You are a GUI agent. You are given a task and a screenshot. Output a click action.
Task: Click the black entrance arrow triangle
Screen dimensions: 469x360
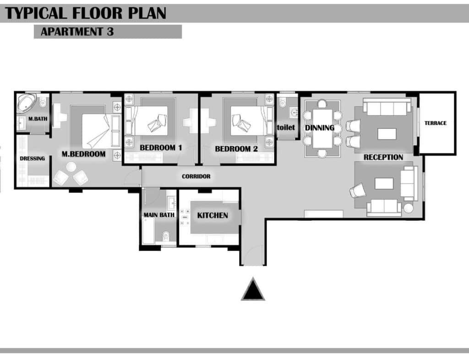coord(253,289)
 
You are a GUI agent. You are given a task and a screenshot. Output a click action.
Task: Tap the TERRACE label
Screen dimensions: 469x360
coord(436,123)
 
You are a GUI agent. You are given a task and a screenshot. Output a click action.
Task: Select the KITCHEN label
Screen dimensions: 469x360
coord(213,215)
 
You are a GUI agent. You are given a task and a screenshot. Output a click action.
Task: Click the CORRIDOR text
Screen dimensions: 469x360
coord(196,176)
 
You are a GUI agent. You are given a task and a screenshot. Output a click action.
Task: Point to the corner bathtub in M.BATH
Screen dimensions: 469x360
coord(26,103)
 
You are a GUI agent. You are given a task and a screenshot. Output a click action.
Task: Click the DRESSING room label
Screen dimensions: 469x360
coord(33,158)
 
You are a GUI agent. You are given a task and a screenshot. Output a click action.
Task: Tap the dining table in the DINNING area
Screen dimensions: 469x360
coord(322,129)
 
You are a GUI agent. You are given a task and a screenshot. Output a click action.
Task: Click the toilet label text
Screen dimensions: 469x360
coord(286,127)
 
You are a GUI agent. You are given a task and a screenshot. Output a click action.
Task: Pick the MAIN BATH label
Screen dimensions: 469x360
coord(159,215)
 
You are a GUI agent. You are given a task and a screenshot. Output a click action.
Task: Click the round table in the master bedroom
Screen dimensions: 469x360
coord(71,167)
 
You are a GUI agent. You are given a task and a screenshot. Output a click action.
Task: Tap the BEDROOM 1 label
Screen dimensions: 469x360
coord(161,147)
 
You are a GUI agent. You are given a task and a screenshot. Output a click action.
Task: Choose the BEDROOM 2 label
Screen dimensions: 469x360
coord(236,149)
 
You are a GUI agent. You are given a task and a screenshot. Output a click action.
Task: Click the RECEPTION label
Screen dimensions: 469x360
coord(383,157)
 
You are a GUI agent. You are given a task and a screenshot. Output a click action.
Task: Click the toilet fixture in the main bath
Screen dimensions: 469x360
coord(166,236)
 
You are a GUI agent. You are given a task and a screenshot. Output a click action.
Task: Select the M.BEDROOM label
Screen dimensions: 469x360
coord(83,154)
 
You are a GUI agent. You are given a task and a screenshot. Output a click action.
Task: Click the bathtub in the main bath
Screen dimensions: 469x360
coord(148,230)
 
